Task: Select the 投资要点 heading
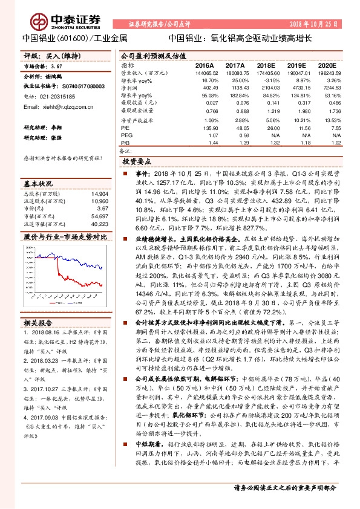pyautogui.click(x=136, y=163)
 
